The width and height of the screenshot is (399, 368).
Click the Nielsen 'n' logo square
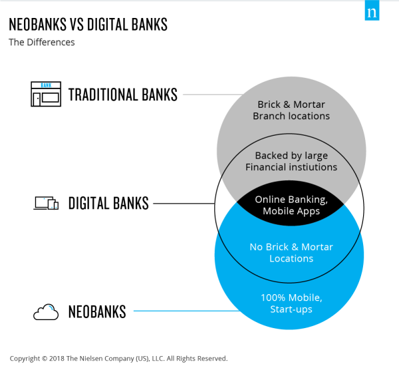(x=372, y=10)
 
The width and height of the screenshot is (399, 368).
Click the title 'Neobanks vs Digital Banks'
(x=88, y=25)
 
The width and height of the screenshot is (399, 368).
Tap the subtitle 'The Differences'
(x=42, y=43)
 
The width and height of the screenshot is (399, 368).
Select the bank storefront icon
(x=46, y=94)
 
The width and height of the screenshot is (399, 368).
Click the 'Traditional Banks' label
(x=123, y=94)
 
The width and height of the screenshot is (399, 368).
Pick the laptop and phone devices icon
(x=46, y=203)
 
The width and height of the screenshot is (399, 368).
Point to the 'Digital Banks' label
(x=108, y=203)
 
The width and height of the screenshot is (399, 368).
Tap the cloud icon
(x=46, y=311)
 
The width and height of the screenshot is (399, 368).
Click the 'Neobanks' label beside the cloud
(x=97, y=311)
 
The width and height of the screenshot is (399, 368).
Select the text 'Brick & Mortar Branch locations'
(x=291, y=110)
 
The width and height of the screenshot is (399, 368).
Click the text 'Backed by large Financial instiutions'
(x=291, y=162)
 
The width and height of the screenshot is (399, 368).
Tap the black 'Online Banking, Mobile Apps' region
(x=291, y=204)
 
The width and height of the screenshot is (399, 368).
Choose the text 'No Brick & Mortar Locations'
(x=291, y=253)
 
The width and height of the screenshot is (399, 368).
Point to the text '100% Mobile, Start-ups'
(x=291, y=303)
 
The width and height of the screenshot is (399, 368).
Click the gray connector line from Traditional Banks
(x=213, y=94)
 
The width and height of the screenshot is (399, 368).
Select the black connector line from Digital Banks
(x=184, y=204)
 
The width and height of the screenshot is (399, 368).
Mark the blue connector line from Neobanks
(x=187, y=311)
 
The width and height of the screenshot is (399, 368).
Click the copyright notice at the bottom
(x=118, y=358)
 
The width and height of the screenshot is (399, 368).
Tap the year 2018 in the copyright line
(x=57, y=358)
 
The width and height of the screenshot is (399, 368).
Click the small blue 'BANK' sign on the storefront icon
(x=46, y=85)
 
